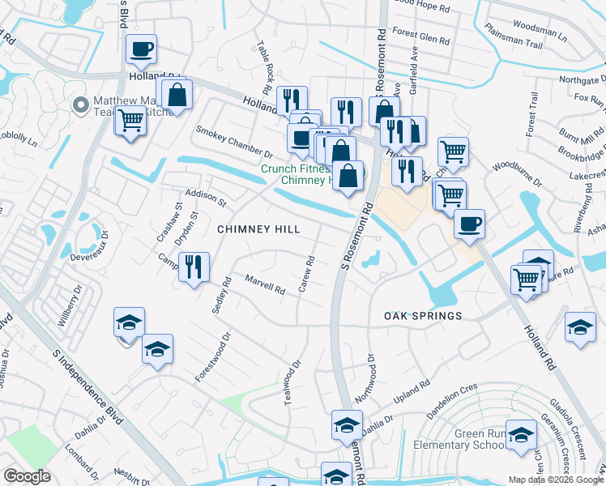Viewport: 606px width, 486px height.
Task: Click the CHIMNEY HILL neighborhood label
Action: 259,230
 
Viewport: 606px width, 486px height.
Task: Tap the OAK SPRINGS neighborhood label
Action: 423,315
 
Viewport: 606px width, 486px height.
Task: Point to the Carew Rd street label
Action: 308,275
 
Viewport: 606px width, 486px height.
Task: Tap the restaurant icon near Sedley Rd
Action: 194,267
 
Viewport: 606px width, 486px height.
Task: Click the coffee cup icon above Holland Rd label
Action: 142,49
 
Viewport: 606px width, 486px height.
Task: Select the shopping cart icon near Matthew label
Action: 130,122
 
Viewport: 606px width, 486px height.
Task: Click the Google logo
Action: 27,476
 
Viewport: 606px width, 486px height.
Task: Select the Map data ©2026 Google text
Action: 556,480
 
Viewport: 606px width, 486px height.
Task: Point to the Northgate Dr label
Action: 583,79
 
